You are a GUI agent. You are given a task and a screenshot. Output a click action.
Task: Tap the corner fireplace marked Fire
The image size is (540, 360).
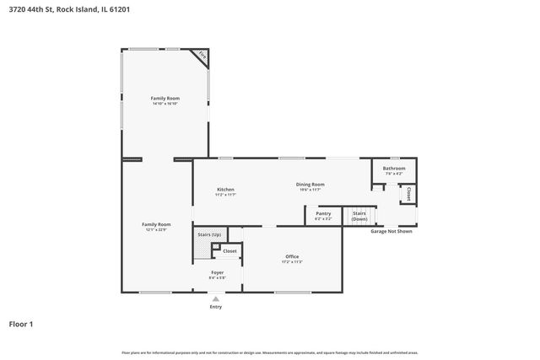click(201, 56)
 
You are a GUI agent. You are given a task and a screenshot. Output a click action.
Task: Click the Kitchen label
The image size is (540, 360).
click(225, 189)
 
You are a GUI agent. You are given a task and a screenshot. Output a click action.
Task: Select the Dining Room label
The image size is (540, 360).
click(310, 184)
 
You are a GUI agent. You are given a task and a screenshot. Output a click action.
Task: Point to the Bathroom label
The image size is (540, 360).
click(394, 168)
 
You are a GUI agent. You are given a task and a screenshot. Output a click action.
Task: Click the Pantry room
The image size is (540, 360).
click(323, 214)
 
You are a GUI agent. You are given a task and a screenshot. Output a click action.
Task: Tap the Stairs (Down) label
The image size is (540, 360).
click(359, 215)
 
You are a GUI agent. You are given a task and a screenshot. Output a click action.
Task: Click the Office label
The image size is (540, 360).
click(292, 256)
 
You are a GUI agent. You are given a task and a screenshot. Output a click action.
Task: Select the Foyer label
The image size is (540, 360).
click(217, 272)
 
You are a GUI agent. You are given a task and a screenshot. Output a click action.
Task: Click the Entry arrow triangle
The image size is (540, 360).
click(216, 298)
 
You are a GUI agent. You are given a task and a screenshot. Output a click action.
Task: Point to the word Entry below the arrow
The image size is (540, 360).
click(216, 306)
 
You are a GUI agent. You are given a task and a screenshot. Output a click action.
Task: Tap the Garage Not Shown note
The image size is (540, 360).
click(391, 231)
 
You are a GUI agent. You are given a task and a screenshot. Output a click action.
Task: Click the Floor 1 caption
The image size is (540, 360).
click(22, 323)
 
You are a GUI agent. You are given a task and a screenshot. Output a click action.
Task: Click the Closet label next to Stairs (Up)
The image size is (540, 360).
click(229, 250)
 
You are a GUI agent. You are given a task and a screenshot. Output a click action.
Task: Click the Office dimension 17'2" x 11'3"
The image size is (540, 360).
click(292, 262)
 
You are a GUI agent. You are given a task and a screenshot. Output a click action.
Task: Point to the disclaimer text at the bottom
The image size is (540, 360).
click(270, 352)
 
